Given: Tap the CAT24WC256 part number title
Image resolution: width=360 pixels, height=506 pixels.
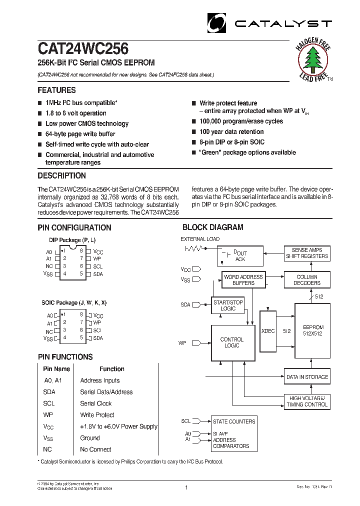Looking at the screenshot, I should click(83, 48).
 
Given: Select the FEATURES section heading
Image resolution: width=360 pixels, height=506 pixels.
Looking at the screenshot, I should click(56, 90).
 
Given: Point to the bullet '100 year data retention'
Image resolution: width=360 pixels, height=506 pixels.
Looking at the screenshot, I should click(231, 132).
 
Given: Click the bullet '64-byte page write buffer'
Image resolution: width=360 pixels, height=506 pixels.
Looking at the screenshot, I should click(80, 134).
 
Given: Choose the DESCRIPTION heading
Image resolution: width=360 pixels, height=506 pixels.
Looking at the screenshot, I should click(61, 176).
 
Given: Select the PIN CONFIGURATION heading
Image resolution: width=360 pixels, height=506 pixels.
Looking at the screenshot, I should click(74, 227).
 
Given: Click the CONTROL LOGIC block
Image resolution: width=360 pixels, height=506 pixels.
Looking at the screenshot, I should click(231, 343).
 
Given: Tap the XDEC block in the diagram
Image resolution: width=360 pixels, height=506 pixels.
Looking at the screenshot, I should click(268, 331).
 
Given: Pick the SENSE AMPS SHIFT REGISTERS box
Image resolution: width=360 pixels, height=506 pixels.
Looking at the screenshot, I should click(306, 253).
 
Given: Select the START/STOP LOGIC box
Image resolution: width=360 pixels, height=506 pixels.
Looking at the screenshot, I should click(227, 305).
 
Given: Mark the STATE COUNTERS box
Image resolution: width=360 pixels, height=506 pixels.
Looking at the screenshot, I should click(234, 421).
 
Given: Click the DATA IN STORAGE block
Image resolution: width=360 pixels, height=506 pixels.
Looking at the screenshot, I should click(307, 377).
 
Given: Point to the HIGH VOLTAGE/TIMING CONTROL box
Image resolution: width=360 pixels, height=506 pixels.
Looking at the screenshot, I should click(307, 401).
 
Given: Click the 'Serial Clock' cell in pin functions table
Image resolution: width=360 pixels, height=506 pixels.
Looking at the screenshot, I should click(96, 403).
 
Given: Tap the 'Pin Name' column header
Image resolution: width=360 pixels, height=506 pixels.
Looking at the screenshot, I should click(56, 369).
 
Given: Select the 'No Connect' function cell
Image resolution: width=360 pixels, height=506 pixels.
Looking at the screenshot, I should click(95, 449).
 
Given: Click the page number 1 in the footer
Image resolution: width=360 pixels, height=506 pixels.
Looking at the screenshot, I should click(186, 487).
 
